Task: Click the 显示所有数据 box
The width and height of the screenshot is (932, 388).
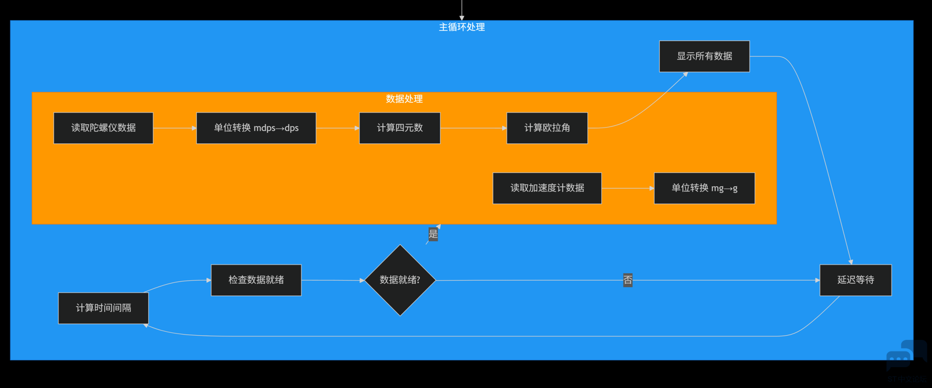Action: pos(704,56)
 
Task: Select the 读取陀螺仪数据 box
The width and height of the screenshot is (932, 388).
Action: pos(103,128)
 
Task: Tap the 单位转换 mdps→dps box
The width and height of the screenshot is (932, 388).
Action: pos(256,128)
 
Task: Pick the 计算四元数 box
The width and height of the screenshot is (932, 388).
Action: pos(400,128)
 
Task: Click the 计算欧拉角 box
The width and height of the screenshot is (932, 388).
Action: pos(547,128)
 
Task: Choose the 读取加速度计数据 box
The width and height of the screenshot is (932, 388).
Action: pos(547,188)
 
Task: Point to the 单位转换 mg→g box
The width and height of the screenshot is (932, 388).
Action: pos(704,188)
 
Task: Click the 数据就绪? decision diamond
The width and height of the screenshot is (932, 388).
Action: pos(400,280)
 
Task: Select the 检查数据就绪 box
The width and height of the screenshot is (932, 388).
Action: pos(256,280)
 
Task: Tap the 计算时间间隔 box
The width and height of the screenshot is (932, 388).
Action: pos(103,308)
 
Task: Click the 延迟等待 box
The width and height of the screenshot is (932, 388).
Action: pos(856,280)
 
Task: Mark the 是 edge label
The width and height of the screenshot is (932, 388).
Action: pos(433,234)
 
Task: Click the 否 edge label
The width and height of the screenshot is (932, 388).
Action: pos(628,280)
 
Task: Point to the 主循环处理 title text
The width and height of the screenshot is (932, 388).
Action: pos(462,27)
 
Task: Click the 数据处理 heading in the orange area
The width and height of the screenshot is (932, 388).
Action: pos(404,99)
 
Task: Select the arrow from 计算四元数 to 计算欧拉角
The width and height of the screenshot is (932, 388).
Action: pos(473,128)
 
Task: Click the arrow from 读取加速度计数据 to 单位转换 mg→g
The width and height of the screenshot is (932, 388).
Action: pos(628,188)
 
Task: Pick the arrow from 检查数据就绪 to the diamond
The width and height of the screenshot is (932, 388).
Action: pos(333,281)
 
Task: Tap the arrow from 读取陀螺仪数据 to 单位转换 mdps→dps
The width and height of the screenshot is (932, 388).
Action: pos(175,128)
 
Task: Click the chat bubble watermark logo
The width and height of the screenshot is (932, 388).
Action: pos(906,355)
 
